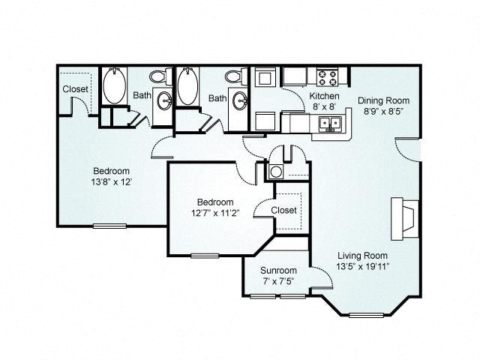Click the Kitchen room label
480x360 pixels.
(324, 96)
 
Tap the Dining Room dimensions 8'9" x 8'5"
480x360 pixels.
(383, 111)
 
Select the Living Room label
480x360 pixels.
(362, 255)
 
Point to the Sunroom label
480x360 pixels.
(278, 270)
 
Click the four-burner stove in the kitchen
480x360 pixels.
(327, 78)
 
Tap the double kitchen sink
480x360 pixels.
(331, 123)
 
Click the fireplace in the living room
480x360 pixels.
(405, 218)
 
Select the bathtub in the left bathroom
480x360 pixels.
(114, 85)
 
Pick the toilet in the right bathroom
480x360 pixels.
(236, 76)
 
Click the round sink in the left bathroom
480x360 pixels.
(164, 100)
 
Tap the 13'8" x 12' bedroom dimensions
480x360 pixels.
(112, 182)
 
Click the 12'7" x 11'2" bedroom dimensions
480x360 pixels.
(215, 213)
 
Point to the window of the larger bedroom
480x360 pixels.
(109, 226)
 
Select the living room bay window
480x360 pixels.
(366, 315)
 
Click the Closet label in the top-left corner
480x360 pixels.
(75, 89)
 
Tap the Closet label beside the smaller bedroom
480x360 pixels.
(283, 210)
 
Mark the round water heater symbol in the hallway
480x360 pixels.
(276, 172)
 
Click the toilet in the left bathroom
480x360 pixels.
(160, 76)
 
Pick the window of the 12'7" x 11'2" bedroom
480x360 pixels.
(205, 256)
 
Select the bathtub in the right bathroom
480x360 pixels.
(188, 85)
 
